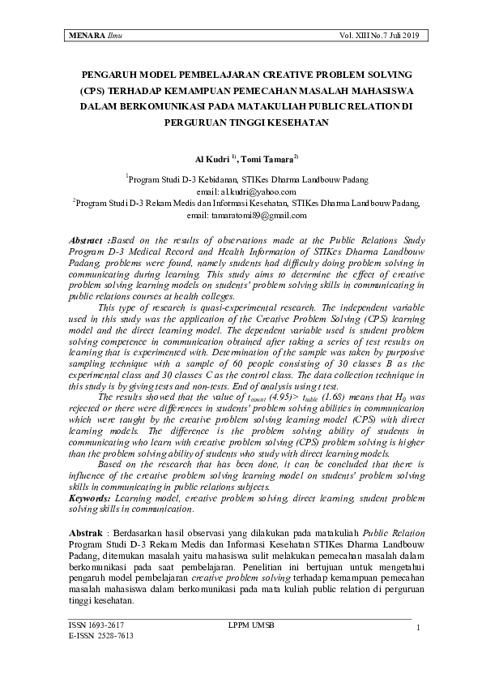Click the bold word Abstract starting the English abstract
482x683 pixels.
click(86, 242)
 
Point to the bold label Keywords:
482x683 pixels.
click(89, 497)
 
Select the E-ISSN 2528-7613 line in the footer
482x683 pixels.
click(101, 637)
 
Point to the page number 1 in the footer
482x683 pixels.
click(416, 629)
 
